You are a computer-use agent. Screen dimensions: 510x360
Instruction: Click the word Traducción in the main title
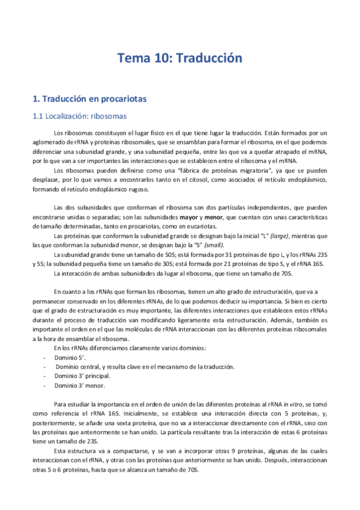(208, 58)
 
